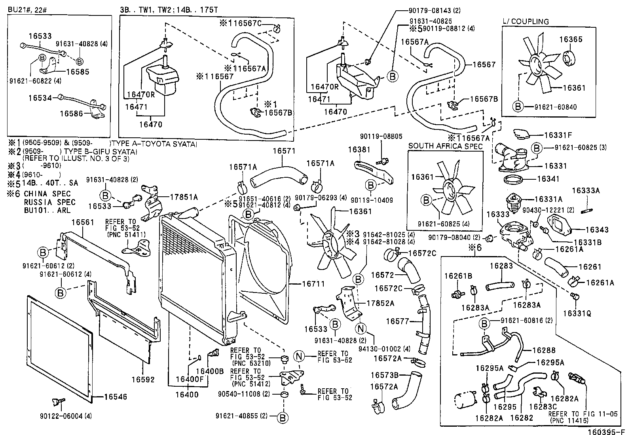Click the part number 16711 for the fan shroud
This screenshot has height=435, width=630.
pos(313,284)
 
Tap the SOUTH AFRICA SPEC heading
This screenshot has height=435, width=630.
pos(445,146)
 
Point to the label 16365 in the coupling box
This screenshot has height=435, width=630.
pos(571,40)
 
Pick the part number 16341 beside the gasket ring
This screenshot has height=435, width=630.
pos(548,179)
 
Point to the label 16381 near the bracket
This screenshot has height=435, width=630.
pos(359,150)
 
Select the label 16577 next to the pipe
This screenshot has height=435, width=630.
pos(397,321)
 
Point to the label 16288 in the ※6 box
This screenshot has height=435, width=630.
pos(544,350)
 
